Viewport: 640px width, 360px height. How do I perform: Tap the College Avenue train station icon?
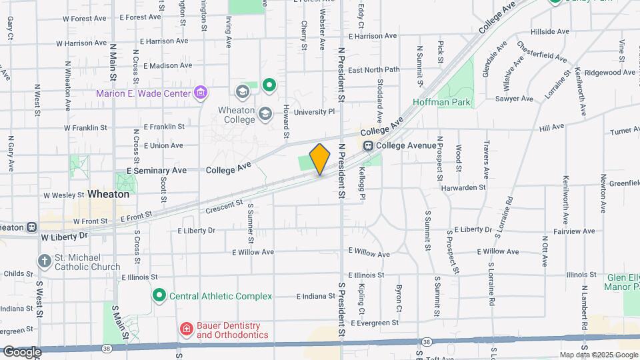[368, 145]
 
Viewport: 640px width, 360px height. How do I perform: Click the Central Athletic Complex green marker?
[159, 295]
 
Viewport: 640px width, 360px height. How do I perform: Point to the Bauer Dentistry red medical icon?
[187, 329]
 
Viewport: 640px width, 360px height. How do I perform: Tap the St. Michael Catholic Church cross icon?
[45, 261]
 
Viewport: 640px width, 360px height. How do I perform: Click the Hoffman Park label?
[441, 103]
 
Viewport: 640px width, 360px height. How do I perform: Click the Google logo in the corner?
[21, 351]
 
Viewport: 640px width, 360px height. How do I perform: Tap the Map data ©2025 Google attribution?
[598, 355]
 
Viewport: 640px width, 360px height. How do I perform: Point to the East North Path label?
[373, 70]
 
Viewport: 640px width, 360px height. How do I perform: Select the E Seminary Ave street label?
[157, 171]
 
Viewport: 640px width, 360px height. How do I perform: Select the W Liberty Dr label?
[64, 237]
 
